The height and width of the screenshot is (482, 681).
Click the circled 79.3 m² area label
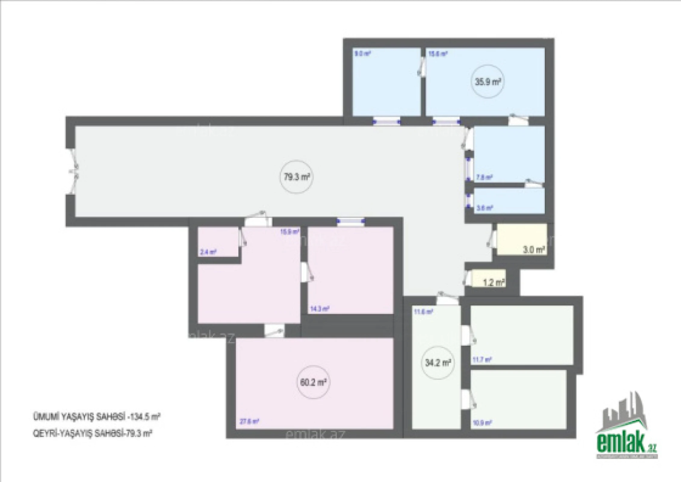coord(297,177)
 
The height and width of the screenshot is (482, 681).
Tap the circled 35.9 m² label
coord(488,82)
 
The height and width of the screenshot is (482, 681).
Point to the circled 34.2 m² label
coord(438,363)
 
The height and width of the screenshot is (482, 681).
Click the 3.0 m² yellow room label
coord(534,250)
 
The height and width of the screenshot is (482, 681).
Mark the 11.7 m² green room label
coord(482,359)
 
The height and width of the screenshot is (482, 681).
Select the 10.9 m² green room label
coord(482,423)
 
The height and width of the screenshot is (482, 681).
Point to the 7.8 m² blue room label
coord(484,177)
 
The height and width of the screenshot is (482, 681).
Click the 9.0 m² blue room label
coord(362,54)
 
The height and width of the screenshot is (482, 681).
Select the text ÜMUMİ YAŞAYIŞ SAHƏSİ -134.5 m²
coord(96,417)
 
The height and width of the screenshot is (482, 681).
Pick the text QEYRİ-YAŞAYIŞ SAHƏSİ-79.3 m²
coord(92,433)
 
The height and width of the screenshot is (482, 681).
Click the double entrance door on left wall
coord(74,171)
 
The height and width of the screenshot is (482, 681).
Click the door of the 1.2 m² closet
coord(468,278)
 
